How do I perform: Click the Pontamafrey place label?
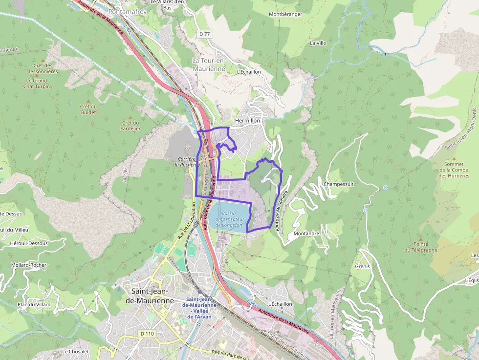[128, 11]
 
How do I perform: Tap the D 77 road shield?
[204, 34]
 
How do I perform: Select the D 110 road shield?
[146, 333]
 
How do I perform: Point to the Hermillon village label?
[248, 120]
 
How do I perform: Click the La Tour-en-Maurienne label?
[209, 64]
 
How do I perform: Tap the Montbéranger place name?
[285, 14]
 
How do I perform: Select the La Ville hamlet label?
[318, 43]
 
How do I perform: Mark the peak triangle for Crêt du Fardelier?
[131, 117]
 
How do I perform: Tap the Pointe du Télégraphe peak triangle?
[420, 237]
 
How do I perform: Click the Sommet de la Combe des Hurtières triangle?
[454, 159]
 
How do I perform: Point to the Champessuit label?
[338, 184]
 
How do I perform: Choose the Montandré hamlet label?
[306, 233]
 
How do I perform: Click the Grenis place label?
[363, 266]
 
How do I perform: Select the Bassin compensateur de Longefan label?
[228, 219]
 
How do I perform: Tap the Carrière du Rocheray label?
[181, 162]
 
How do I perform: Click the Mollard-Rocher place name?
[28, 265]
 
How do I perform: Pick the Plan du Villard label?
[34, 304]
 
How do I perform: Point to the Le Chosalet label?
[75, 352]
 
